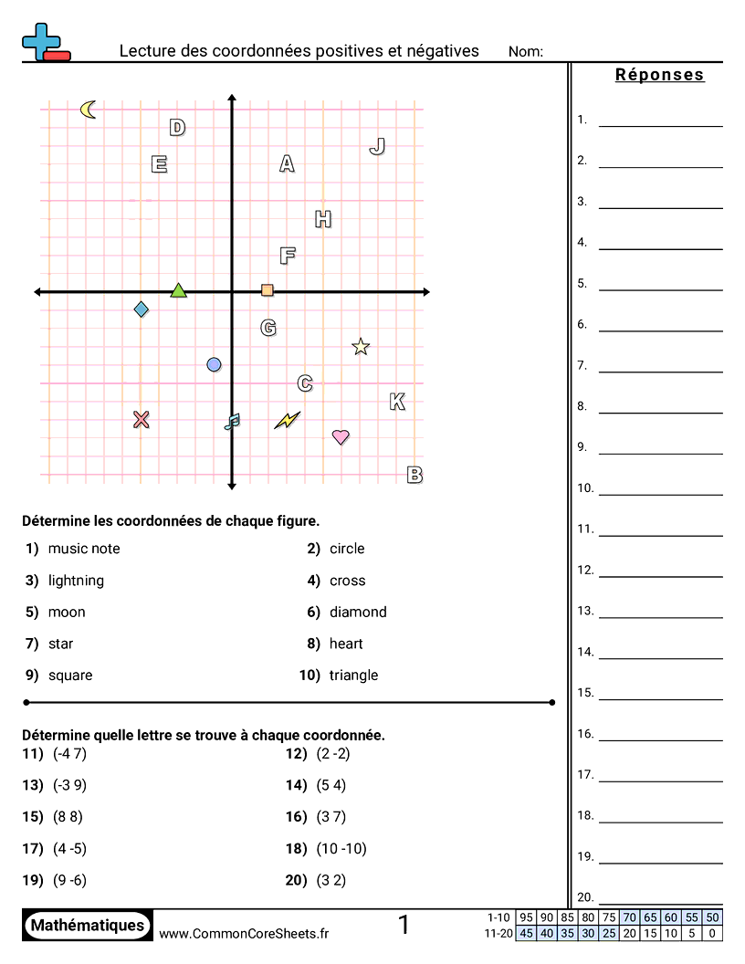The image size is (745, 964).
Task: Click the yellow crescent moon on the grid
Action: pos(88,110)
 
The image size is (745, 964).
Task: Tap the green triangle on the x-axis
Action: pos(178,290)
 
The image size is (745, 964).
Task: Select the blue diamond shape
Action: pos(141,309)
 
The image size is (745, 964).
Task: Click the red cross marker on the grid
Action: pos(141,419)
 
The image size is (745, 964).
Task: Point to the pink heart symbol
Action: pos(341,436)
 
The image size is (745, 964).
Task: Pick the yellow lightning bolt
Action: pos(287,420)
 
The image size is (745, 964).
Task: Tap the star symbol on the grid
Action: pos(361,346)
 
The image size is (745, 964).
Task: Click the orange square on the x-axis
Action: pos(268,290)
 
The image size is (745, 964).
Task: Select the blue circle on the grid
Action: pos(214,364)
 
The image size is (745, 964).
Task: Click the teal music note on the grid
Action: pos(232,421)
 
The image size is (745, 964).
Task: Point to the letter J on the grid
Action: pos(377,146)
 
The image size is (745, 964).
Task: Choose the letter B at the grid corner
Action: pos(414,475)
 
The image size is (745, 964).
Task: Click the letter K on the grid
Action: pos(397,402)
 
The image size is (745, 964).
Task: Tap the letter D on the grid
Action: pos(177,128)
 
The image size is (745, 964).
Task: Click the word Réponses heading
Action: pos(659,75)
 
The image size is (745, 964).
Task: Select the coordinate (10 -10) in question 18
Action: pos(341,848)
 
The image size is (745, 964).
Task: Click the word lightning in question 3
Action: pos(76,581)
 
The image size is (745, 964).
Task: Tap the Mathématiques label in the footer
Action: pos(88,925)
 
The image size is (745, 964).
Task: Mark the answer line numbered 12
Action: pos(660,576)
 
